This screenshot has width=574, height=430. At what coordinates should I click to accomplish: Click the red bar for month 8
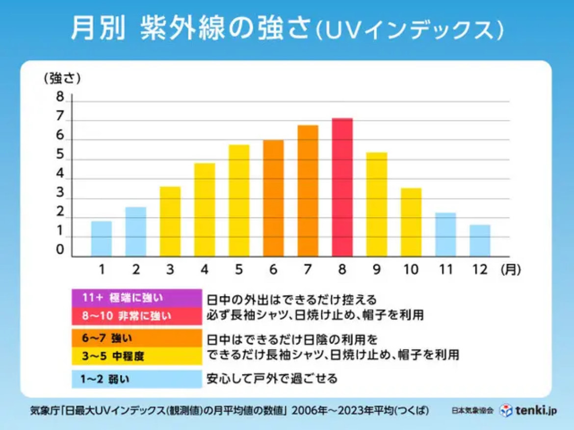click(342, 188)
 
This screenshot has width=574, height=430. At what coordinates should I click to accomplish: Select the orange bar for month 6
click(273, 198)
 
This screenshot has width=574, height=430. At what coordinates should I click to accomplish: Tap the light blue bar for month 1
click(102, 239)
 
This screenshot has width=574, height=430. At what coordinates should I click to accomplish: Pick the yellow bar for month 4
click(205, 210)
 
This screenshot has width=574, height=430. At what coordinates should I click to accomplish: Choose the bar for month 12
click(480, 241)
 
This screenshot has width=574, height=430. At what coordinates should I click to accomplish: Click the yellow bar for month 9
click(377, 205)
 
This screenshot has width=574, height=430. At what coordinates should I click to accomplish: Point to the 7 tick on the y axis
click(60, 117)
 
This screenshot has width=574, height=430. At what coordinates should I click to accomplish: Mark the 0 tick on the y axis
click(60, 251)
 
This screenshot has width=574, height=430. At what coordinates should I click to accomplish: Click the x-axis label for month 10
click(411, 269)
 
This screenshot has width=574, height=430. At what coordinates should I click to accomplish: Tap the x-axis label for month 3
click(170, 269)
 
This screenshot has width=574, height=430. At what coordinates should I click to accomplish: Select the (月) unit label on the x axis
click(511, 269)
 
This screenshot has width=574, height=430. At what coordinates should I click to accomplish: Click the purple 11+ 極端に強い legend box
click(136, 298)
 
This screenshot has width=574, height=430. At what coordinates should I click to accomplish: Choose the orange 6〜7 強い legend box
click(136, 338)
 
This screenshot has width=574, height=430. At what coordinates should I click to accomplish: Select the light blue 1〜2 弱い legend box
click(136, 379)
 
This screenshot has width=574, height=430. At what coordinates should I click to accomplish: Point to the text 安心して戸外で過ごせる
click(272, 379)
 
